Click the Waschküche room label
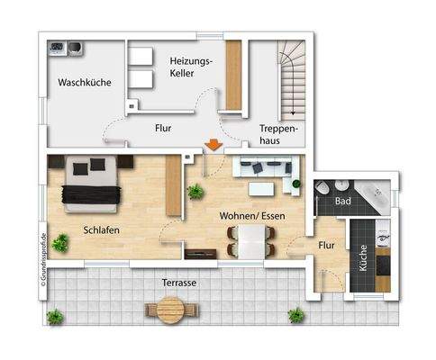coord(85,82)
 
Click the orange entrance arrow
coord(213,145)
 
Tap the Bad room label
coord(342,201)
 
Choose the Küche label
coord(364,258)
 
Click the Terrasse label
coord(180,282)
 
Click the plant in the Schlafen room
coord(60,242)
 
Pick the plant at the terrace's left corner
coord(55,316)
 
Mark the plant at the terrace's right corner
coord(295,314)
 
